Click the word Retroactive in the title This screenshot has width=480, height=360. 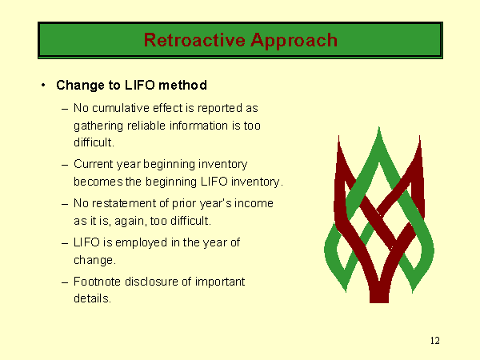[194, 40]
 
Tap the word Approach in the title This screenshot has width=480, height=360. [294, 41]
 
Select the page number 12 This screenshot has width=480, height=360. [435, 341]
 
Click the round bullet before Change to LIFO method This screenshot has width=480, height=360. [43, 85]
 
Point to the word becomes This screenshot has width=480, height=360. [98, 182]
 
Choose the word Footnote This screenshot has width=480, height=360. [97, 282]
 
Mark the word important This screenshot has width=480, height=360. [220, 282]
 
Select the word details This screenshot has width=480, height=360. [92, 298]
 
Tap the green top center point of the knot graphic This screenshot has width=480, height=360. [379, 128]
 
